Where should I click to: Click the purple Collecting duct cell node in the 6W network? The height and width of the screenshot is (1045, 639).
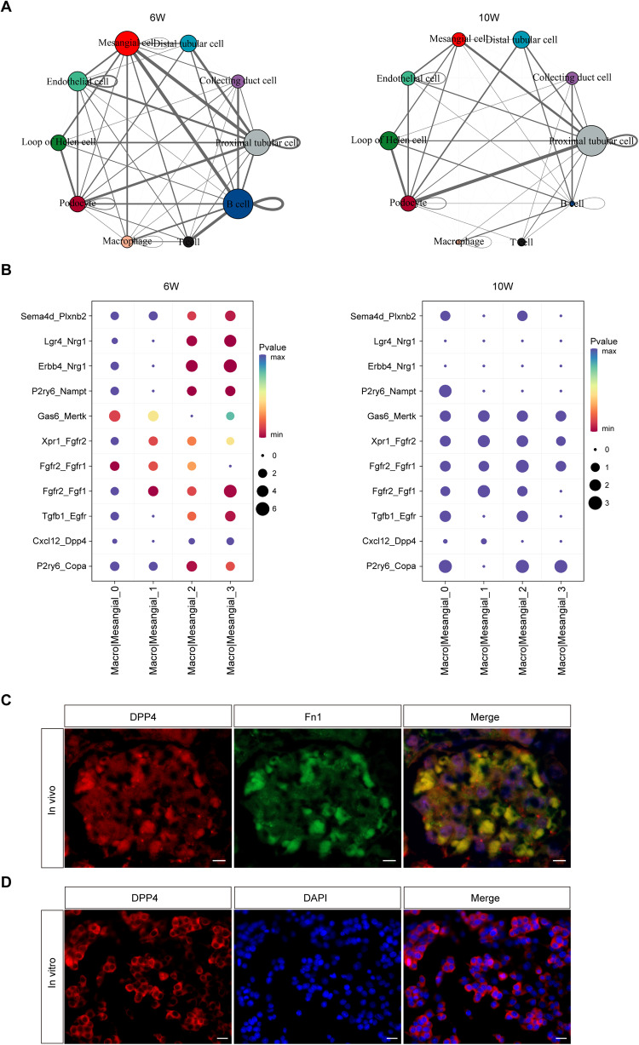238,81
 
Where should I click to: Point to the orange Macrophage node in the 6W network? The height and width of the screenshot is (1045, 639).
127,242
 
